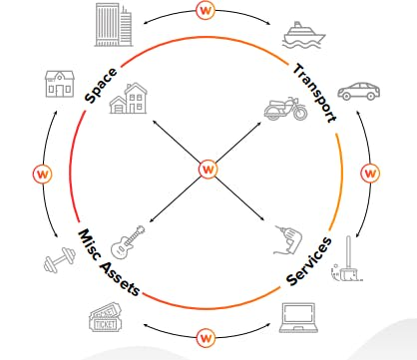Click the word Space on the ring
[x=101, y=85]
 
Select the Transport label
[x=315, y=94]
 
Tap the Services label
[x=309, y=261]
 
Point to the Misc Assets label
[x=109, y=262]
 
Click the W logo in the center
[x=208, y=170]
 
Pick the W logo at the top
[x=206, y=10]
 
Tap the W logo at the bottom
[x=206, y=338]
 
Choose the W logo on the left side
[x=43, y=174]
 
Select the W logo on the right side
[x=370, y=173]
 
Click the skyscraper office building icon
[x=114, y=25]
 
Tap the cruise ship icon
[x=303, y=35]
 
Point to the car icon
[x=359, y=91]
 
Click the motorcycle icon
[x=286, y=109]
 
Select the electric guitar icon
[x=128, y=241]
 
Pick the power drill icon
[x=288, y=240]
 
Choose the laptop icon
[x=298, y=318]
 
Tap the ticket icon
[x=106, y=317]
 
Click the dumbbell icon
[x=60, y=260]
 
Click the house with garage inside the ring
[x=129, y=99]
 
